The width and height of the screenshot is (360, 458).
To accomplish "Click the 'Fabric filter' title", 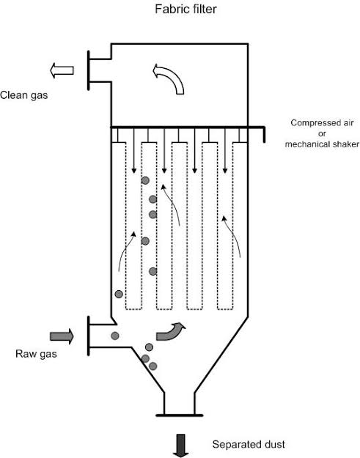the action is (x=185, y=9).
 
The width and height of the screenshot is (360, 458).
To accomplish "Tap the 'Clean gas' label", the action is (x=24, y=95).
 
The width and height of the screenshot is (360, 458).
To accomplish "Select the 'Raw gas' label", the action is (x=36, y=354).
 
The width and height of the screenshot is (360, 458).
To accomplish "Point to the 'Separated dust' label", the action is (x=249, y=444).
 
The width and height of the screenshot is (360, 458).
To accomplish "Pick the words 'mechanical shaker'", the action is (x=322, y=144).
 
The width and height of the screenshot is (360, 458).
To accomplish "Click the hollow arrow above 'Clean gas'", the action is (x=62, y=70).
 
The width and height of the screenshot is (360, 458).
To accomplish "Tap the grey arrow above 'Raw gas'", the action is (x=62, y=336).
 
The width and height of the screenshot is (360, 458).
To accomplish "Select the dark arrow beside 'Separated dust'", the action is (x=181, y=446).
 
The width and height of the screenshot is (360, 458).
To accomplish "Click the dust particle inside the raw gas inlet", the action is (x=115, y=336).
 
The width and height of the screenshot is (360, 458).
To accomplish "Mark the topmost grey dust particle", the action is (x=145, y=180).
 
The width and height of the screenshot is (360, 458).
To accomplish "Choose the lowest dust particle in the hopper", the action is (x=153, y=366).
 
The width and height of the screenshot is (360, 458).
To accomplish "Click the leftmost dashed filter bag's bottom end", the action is (x=134, y=309).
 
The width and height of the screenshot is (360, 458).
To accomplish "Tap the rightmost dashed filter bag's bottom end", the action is (x=225, y=309).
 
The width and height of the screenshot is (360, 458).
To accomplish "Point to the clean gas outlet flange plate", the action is (x=89, y=70).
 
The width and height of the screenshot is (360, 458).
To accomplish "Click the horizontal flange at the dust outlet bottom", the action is (x=179, y=415).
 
